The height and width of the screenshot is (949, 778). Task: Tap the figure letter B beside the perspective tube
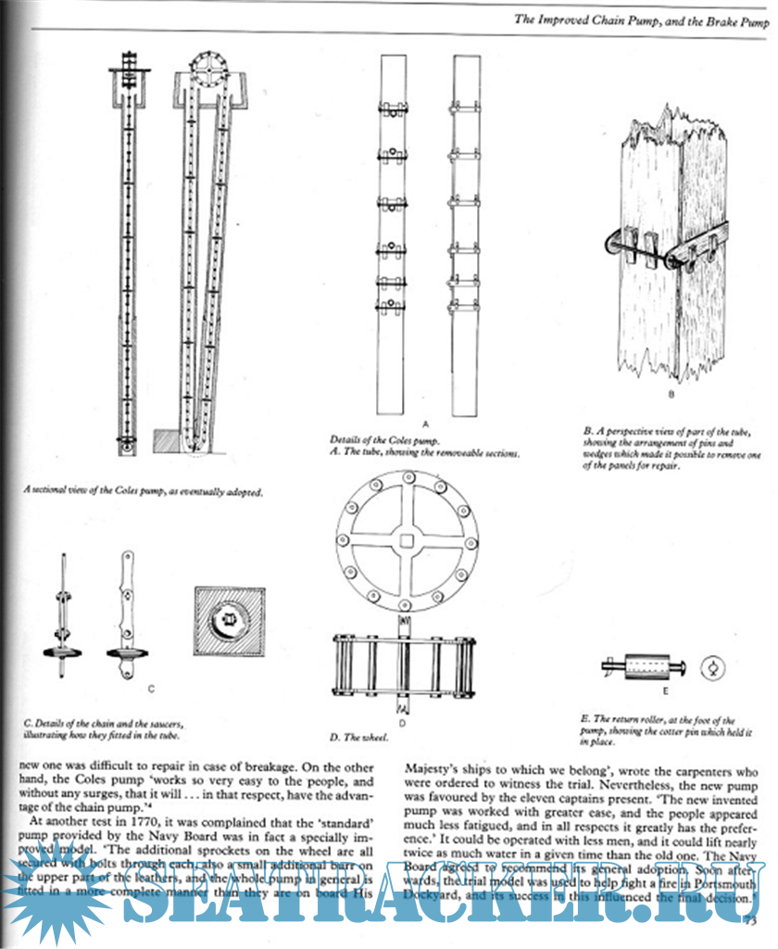point(670,395)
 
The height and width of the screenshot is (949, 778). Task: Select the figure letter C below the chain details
point(150,689)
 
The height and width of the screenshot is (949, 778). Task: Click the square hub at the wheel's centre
point(404,538)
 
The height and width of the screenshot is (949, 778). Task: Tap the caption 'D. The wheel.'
point(360,739)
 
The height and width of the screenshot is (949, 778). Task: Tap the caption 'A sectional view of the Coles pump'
point(144,493)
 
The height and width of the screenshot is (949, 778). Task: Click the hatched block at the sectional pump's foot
point(165,440)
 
